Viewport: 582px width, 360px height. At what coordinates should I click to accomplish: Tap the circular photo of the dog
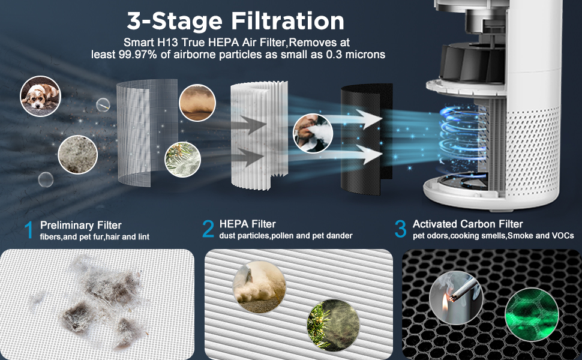(x=40, y=96)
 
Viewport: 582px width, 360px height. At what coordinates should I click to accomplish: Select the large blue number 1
(x=29, y=230)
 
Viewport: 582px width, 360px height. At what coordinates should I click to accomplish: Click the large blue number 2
(x=208, y=229)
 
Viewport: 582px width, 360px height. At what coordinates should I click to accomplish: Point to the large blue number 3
(x=400, y=229)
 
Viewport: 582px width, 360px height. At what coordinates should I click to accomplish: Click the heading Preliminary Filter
(x=81, y=225)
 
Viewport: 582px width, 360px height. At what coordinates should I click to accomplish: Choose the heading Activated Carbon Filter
(x=467, y=224)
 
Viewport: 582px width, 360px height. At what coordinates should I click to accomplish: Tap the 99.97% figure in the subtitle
(x=138, y=55)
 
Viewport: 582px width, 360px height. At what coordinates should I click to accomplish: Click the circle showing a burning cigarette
(x=456, y=298)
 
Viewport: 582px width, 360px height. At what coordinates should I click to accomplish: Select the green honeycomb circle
(x=532, y=315)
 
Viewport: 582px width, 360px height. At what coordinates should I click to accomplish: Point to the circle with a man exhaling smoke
(x=313, y=133)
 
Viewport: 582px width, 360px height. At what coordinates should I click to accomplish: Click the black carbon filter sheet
(x=367, y=139)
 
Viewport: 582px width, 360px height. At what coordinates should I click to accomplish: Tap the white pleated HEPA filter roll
(x=259, y=136)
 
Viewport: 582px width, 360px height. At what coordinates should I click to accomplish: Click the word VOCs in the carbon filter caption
(x=563, y=236)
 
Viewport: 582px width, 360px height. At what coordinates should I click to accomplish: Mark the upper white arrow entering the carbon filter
(x=354, y=119)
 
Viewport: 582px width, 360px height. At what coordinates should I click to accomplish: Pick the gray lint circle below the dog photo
(x=77, y=154)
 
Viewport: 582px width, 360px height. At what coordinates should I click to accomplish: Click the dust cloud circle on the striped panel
(x=259, y=287)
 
